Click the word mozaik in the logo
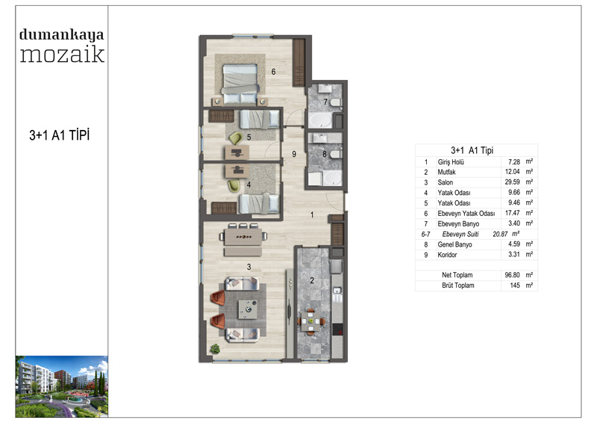coord(62,54)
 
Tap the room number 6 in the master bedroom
coord(273,72)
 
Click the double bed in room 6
coord(240,84)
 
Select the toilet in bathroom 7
coord(336,102)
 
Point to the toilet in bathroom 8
coord(336,155)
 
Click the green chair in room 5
coord(236,138)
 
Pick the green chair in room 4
coord(234,185)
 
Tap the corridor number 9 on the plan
coord(294,154)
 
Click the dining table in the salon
coord(243,236)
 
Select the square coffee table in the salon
coord(248,309)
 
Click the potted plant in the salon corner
coord(216,348)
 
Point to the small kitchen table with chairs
coord(311,322)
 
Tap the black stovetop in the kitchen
coord(338,329)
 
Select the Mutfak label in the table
coord(446,172)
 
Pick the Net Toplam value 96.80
coord(513,275)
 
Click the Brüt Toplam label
coord(458,285)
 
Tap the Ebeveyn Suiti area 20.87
coord(500,234)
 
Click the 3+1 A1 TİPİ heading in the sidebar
coord(60,135)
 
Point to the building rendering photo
coord(62,386)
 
